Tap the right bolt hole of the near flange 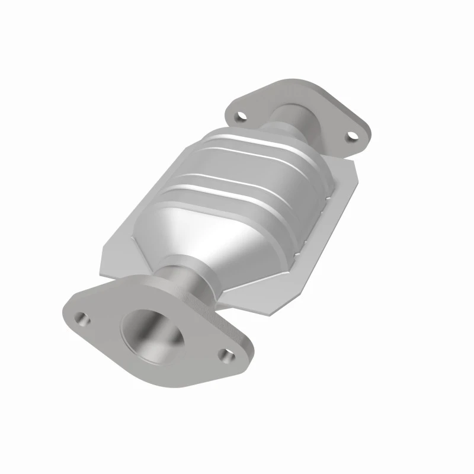pyautogui.click(x=226, y=355)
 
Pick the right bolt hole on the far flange pyautogui.click(x=353, y=137)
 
